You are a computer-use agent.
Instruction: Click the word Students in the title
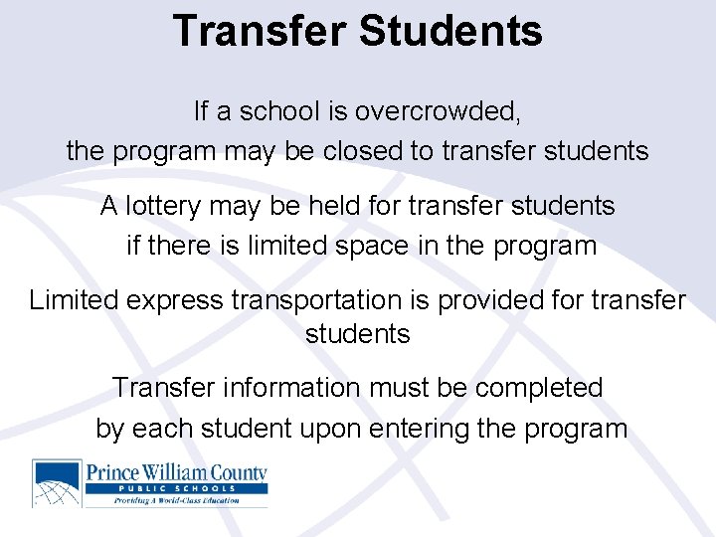pyautogui.click(x=450, y=30)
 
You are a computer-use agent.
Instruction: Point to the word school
pyautogui.click(x=264, y=110)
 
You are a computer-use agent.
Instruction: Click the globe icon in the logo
pyautogui.click(x=58, y=483)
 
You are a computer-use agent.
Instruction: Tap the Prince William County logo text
pyautogui.click(x=176, y=470)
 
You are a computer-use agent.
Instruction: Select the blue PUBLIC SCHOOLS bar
pyautogui.click(x=176, y=488)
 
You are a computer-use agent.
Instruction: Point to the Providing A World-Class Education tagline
pyautogui.click(x=176, y=500)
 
